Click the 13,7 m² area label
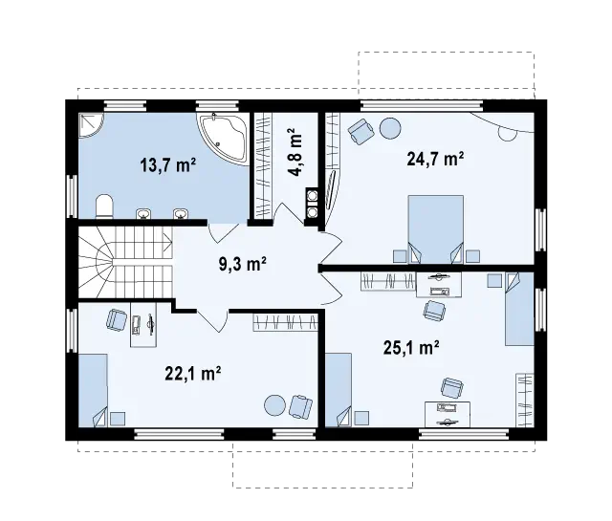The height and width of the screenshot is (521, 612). (x=168, y=165)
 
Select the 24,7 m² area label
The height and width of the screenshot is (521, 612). (x=435, y=159)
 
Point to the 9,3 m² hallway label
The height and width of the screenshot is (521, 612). (x=243, y=264)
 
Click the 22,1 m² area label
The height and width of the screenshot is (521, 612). (x=193, y=373)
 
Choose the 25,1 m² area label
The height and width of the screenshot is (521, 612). (x=411, y=347)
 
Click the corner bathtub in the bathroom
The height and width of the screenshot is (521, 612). (x=225, y=139)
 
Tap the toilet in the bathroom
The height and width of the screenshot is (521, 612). (x=104, y=206)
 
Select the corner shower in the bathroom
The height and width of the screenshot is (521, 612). (x=92, y=125)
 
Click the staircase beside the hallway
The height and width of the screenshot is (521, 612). (x=125, y=263)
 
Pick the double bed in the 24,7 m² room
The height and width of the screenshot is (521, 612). (x=436, y=229)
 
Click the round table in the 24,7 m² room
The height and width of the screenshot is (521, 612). (x=390, y=128)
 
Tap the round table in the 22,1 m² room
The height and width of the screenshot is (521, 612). (x=275, y=406)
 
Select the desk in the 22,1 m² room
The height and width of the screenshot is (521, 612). (x=143, y=324)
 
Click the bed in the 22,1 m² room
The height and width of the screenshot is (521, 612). (x=94, y=390)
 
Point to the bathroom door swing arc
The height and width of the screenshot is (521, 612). (x=223, y=234)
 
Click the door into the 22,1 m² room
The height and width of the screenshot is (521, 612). (x=212, y=321)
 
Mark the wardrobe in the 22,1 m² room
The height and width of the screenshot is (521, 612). (x=285, y=322)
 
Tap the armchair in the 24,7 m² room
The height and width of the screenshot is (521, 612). (x=361, y=132)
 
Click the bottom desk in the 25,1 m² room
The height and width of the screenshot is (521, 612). (x=448, y=415)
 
